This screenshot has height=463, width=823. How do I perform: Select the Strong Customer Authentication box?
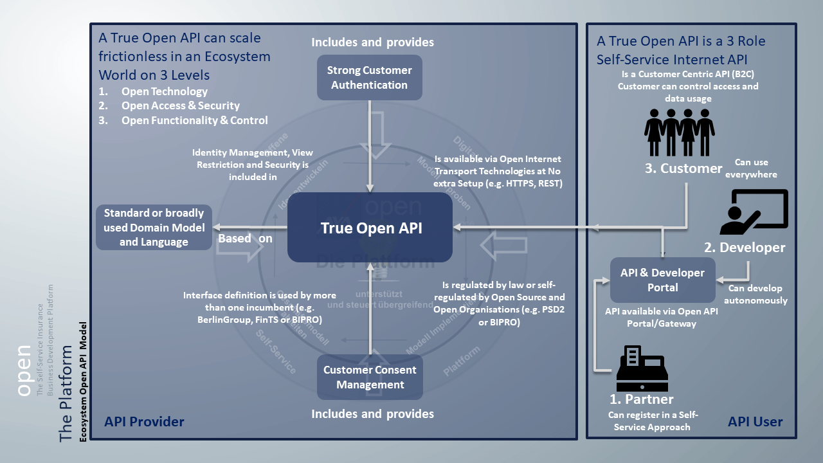pos(369,78)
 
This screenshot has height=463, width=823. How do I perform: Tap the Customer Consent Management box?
pos(370,377)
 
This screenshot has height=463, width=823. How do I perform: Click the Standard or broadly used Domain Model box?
pos(154,228)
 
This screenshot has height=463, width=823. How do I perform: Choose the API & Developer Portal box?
pos(662,280)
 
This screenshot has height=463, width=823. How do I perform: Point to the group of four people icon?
pos(679,132)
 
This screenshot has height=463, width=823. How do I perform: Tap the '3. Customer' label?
pos(683,168)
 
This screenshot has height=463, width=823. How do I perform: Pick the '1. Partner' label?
pos(641,399)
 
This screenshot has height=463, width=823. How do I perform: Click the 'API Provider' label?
pos(144,422)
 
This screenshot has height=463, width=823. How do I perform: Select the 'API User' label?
pos(755,422)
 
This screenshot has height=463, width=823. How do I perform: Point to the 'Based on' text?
pos(245,238)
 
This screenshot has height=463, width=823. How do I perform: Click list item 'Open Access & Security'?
pos(180,105)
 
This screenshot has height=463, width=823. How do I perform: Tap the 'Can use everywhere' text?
pos(751,168)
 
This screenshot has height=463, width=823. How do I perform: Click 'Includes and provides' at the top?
pos(372,42)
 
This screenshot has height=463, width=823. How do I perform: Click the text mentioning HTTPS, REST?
pos(498,170)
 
